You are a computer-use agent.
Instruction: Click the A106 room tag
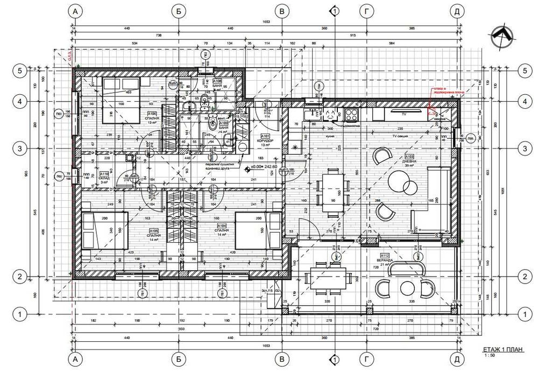point(152,114)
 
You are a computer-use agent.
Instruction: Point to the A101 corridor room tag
point(265,136)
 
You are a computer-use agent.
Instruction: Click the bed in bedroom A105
point(105,230)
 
